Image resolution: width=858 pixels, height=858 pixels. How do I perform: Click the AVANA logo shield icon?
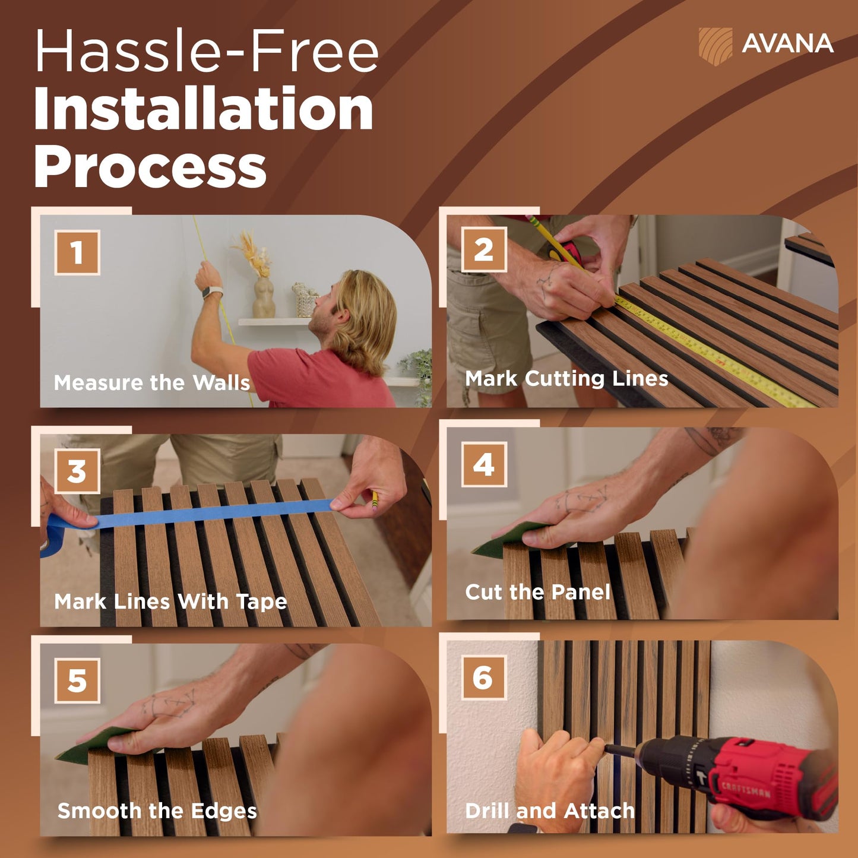click(x=715, y=46)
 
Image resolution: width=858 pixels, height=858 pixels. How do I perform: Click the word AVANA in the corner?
click(x=787, y=43)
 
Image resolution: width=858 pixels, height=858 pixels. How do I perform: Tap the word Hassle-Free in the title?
click(x=207, y=50)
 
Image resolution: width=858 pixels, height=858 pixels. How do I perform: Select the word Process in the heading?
click(x=150, y=167)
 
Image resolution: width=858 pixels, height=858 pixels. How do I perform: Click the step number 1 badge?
click(x=77, y=252)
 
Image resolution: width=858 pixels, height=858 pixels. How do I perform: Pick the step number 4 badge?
click(x=484, y=464)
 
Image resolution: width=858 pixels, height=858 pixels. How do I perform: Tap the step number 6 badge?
click(x=484, y=677)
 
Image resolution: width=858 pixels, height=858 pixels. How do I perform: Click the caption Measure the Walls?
click(x=152, y=382)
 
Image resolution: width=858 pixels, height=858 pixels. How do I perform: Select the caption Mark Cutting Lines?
click(x=566, y=379)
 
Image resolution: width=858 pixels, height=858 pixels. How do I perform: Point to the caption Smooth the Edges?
click(x=157, y=811)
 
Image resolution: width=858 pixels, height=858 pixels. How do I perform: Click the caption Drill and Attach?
click(x=550, y=811)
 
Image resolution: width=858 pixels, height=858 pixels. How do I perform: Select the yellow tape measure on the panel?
click(x=713, y=352)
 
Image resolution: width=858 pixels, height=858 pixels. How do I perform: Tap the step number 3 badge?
click(x=77, y=471)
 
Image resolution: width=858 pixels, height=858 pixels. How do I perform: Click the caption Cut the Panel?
click(x=537, y=592)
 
